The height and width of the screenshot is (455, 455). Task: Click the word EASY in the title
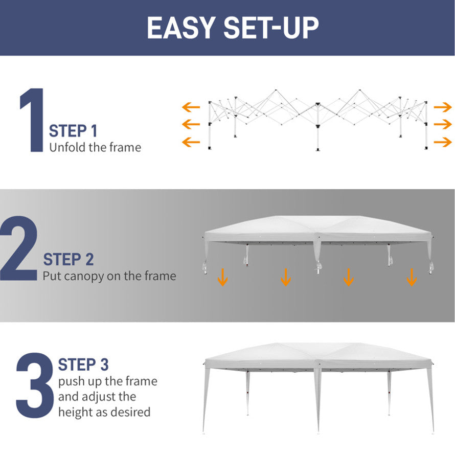click(181, 28)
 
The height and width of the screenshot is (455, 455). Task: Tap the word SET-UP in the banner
click(271, 28)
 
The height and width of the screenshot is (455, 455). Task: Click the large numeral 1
click(33, 120)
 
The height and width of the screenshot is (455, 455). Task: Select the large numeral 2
click(19, 248)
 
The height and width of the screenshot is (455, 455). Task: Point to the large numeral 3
click(35, 385)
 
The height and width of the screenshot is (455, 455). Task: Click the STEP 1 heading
click(73, 131)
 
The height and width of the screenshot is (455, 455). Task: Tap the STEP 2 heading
click(69, 259)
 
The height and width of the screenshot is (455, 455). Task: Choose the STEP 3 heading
click(83, 365)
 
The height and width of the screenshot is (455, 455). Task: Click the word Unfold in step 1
click(67, 147)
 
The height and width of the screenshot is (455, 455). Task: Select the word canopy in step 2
click(84, 277)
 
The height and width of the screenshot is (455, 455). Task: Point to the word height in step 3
click(76, 412)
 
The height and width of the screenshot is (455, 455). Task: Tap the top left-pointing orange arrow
click(191, 107)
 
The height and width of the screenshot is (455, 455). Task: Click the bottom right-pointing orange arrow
click(443, 142)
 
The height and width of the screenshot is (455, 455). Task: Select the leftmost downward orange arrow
click(222, 278)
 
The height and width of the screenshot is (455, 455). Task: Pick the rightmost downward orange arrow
click(412, 278)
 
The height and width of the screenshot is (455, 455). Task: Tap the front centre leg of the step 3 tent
click(318, 400)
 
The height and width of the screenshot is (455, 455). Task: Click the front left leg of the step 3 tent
click(206, 400)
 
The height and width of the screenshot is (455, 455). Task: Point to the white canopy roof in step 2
click(318, 229)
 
